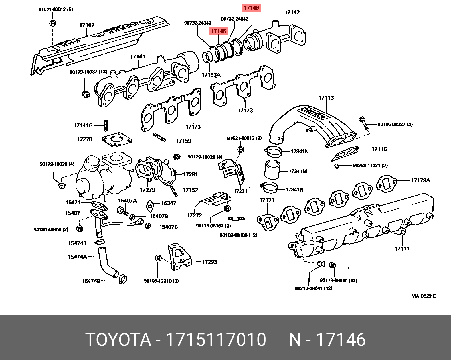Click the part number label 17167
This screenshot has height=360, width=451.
87,25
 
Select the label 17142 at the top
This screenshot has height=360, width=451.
292,12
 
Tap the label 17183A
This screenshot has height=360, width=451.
211,75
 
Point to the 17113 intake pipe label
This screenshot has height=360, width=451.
326,98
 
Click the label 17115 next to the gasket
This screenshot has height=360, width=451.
379,149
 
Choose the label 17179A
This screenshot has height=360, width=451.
420,180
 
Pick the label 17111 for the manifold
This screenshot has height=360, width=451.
402,249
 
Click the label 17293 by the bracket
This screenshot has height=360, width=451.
209,262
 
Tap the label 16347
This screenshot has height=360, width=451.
169,203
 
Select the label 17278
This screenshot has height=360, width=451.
85,139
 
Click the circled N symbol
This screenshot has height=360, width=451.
80,229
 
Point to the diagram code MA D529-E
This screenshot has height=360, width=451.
423,296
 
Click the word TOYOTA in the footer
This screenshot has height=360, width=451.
118,340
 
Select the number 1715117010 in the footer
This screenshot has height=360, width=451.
216,340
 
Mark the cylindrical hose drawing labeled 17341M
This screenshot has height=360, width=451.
272,170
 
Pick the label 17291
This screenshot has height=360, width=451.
190,174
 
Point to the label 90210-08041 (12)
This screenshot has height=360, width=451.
313,288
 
